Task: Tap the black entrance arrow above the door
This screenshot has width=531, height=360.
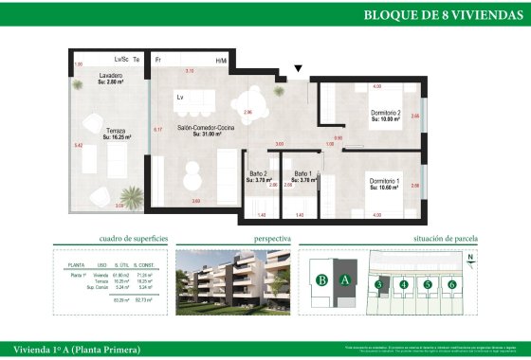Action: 299,69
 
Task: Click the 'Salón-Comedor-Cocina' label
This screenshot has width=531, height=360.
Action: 206,129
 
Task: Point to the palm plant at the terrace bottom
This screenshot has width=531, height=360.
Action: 134,197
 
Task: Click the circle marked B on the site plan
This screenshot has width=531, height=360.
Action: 323,279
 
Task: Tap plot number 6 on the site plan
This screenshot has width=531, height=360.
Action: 452,283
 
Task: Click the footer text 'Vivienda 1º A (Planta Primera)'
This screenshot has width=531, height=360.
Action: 72,350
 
